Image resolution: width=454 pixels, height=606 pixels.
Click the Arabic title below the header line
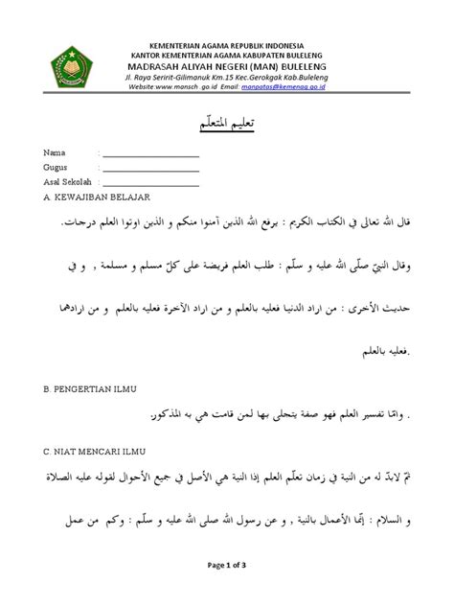tap(228, 126)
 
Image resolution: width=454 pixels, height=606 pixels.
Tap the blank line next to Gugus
tap(151, 170)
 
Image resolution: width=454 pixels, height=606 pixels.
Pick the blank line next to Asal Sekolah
tap(151, 183)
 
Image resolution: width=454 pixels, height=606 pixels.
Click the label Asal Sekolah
tap(68, 182)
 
